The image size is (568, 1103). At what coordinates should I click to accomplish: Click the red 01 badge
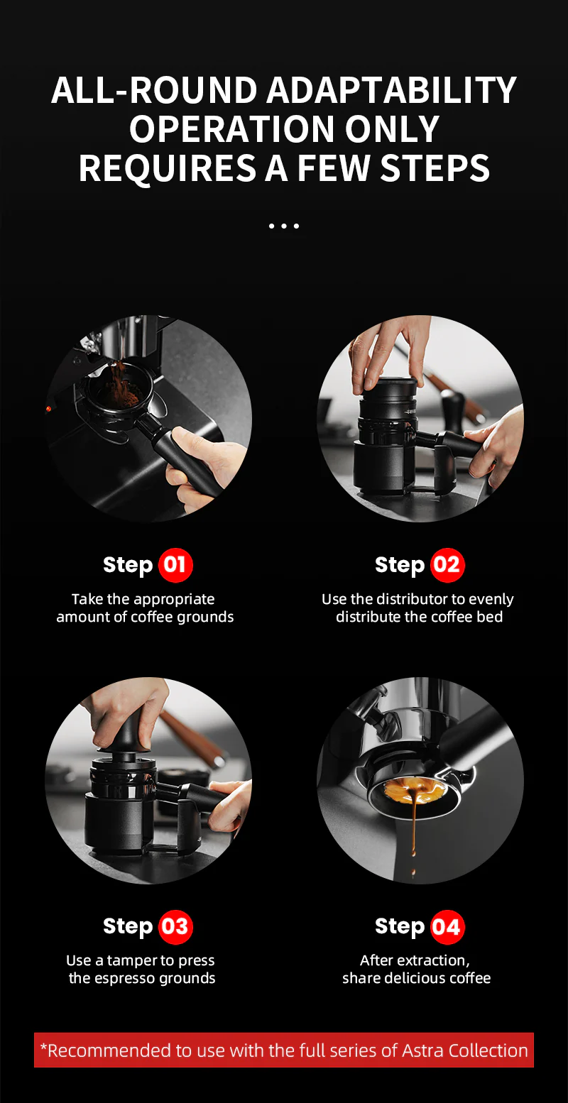175,565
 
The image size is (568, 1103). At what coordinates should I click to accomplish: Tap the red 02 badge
447,565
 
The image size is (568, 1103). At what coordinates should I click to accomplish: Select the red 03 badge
175,926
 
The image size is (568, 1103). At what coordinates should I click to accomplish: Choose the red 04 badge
447,926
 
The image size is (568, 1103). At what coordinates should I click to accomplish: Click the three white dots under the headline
284,226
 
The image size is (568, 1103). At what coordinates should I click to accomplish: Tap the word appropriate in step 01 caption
173,599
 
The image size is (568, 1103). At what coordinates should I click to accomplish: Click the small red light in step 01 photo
49,409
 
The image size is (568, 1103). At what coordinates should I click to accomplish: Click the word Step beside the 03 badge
128,926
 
